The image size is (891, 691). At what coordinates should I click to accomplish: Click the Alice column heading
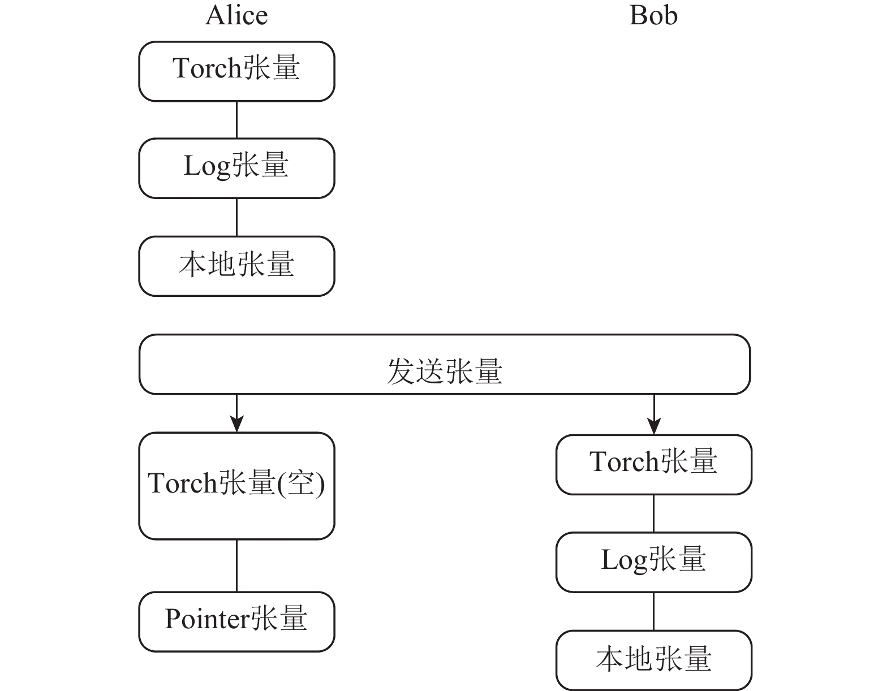pyautogui.click(x=236, y=16)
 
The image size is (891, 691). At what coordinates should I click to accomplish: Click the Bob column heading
pyautogui.click(x=653, y=16)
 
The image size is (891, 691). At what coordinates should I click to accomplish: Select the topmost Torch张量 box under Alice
pyautogui.click(x=237, y=71)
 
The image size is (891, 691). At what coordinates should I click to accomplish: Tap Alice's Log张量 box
pyautogui.click(x=237, y=169)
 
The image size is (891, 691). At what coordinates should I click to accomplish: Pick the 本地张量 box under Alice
pyautogui.click(x=237, y=266)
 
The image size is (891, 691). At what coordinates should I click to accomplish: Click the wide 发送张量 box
pyautogui.click(x=445, y=364)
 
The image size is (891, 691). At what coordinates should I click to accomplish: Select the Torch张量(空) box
pyautogui.click(x=237, y=486)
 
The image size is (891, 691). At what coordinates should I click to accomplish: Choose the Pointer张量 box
pyautogui.click(x=237, y=622)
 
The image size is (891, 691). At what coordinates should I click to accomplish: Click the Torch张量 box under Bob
pyautogui.click(x=654, y=465)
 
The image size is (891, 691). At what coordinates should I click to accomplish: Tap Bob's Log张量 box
pyautogui.click(x=654, y=562)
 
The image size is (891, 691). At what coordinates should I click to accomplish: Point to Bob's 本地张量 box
pyautogui.click(x=654, y=660)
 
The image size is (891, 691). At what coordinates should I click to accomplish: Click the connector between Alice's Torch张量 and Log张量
pyautogui.click(x=237, y=120)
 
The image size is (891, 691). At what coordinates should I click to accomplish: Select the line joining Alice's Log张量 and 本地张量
pyautogui.click(x=237, y=217)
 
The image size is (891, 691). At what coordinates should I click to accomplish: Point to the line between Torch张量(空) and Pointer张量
pyautogui.click(x=237, y=565)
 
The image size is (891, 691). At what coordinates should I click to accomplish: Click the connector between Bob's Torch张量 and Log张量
pyautogui.click(x=654, y=513)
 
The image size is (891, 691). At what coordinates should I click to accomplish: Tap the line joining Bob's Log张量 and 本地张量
pyautogui.click(x=654, y=611)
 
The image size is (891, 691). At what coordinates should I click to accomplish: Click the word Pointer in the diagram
pyautogui.click(x=207, y=619)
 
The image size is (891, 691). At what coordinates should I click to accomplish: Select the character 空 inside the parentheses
pyautogui.click(x=301, y=483)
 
